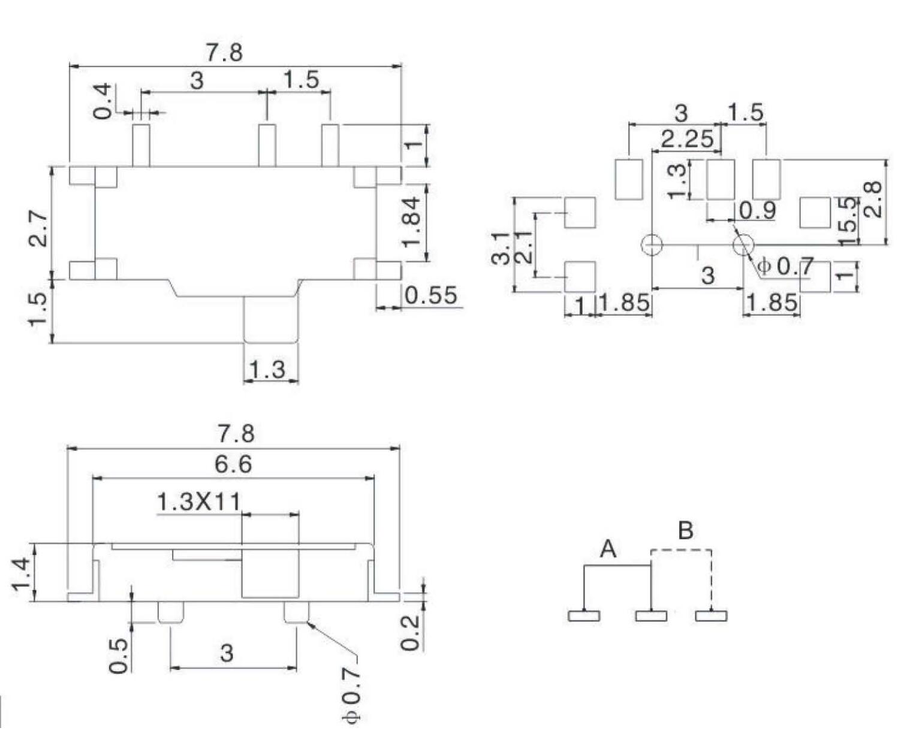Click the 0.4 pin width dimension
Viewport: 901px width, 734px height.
103,101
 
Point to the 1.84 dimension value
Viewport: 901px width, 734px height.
412,222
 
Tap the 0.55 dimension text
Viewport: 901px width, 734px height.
430,295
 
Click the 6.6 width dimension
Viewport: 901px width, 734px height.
233,464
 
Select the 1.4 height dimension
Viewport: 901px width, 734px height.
22,573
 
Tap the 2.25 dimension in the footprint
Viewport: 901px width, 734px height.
688,139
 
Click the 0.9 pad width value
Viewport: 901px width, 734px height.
757,210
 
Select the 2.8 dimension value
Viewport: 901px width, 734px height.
875,200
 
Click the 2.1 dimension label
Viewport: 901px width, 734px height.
523,247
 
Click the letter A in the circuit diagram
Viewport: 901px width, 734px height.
608,548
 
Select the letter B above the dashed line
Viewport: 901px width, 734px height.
685,530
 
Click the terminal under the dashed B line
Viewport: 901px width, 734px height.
711,615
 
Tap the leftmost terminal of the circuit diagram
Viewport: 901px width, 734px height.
583,615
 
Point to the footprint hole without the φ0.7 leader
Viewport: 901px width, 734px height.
652,244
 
